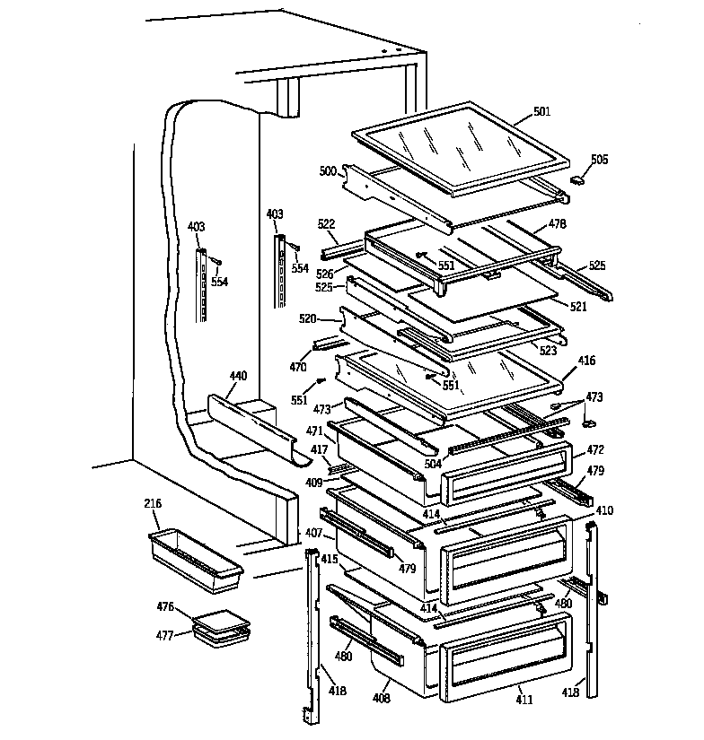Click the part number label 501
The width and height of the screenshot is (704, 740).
(x=541, y=111)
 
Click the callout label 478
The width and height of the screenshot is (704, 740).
(x=558, y=226)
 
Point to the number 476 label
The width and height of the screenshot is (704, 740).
(x=164, y=607)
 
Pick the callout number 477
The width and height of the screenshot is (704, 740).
(x=164, y=634)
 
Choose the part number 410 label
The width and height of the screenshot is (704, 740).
(x=604, y=510)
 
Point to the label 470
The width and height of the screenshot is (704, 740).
(x=297, y=367)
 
